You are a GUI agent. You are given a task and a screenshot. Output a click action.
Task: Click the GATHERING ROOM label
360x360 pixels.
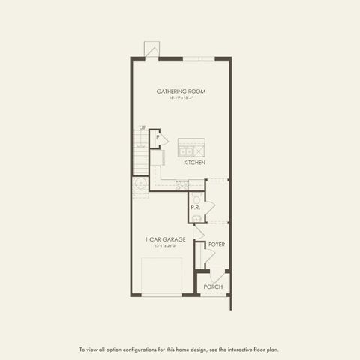point(181,91)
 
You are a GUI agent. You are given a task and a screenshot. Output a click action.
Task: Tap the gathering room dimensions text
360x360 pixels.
point(181,98)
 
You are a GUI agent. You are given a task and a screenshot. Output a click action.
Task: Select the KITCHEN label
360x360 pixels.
point(195,163)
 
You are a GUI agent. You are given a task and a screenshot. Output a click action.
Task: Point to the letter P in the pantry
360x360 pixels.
point(157,137)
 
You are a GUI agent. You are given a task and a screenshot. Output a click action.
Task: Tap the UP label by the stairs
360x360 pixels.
point(142,127)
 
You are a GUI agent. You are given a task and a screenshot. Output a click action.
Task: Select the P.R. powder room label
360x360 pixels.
point(194,207)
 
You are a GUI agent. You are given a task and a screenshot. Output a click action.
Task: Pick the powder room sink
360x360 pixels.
point(195,217)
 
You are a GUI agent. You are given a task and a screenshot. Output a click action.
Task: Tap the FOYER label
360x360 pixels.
point(217,244)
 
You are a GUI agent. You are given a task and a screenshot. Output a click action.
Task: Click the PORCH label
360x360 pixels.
point(214,286)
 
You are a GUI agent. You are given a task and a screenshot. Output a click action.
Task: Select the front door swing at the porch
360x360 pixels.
point(214,274)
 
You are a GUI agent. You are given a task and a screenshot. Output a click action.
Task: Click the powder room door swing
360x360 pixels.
point(209,206)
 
